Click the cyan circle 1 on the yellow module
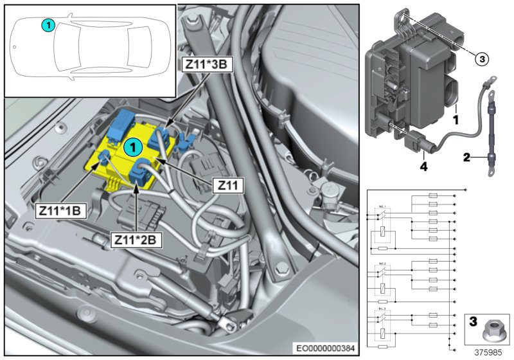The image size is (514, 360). click(132, 147)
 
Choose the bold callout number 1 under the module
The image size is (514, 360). click(455, 119)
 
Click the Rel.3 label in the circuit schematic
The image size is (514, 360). click(383, 310)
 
